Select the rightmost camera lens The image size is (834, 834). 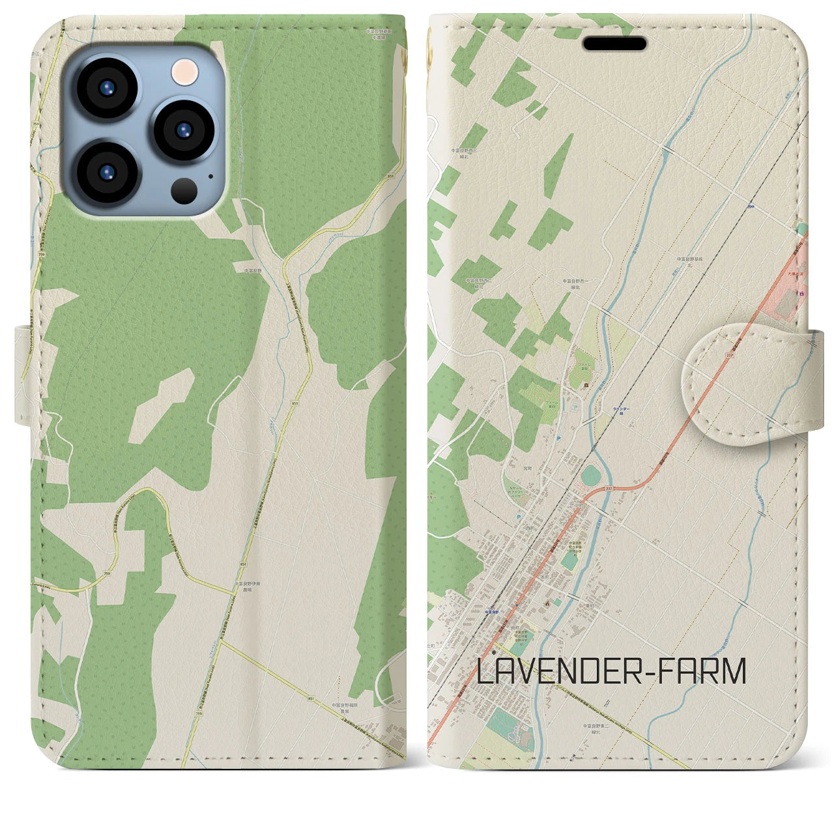point(184,129)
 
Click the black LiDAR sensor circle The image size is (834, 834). point(184,190)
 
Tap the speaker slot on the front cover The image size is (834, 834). point(614,44)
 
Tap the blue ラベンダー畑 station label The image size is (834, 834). point(620,409)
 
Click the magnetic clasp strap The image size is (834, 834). point(743,384)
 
